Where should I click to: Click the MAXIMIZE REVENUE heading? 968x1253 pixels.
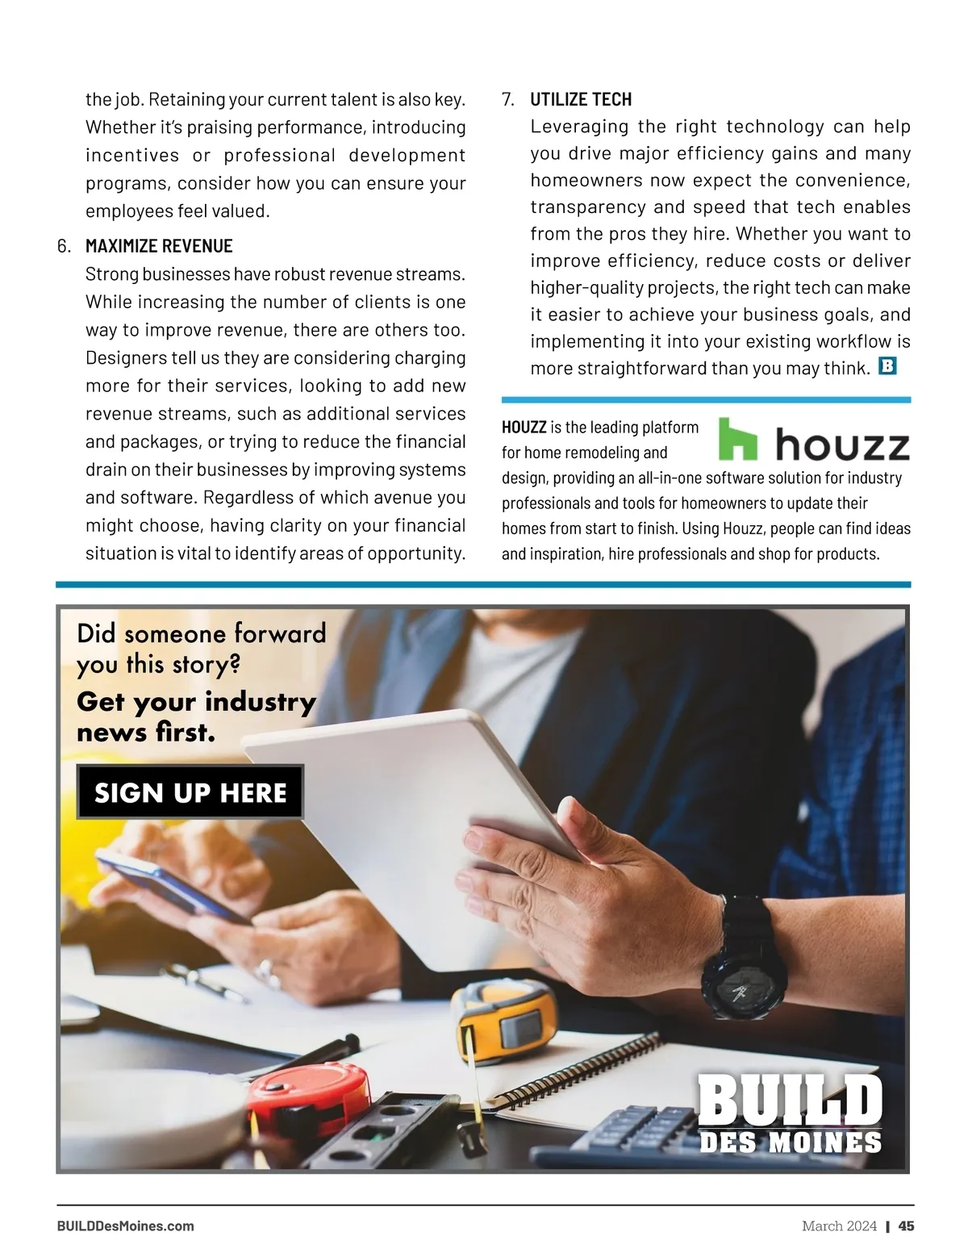[x=159, y=246]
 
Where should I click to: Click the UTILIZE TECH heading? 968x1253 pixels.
[x=581, y=99]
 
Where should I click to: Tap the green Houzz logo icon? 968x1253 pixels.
[x=737, y=438]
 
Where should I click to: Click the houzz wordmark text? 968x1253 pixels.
[x=842, y=445]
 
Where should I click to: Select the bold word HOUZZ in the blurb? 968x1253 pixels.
[x=524, y=427]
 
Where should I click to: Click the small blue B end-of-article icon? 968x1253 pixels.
[x=887, y=366]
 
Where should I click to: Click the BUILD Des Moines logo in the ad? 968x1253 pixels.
[x=790, y=1113]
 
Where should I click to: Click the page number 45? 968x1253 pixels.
[x=907, y=1226]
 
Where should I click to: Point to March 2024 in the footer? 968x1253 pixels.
[x=839, y=1226]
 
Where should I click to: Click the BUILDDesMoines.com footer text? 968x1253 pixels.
[x=125, y=1226]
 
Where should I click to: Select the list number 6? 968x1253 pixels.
[x=65, y=246]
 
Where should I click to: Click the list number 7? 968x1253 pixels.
[x=508, y=99]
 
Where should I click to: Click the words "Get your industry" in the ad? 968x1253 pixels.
[x=196, y=701]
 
